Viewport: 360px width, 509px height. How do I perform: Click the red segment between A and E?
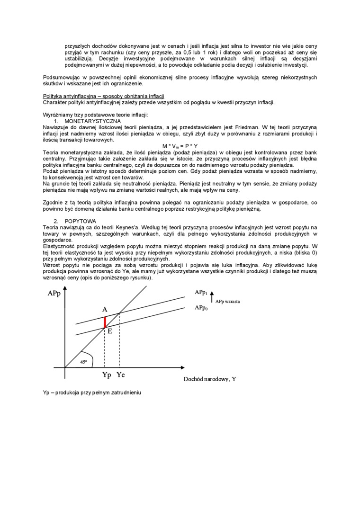pos(105,321)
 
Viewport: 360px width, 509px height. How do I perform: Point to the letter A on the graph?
pos(105,309)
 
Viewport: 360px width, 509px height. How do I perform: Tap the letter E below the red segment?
pos(110,331)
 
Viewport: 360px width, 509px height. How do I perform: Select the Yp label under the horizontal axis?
pos(107,375)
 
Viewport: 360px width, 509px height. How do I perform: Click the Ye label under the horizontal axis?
pos(121,375)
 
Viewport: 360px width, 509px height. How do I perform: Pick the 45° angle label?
pos(83,361)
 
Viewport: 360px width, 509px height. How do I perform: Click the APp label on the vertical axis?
pos(54,294)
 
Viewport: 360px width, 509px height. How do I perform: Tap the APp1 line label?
pos(201,293)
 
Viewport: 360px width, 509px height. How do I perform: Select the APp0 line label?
pos(201,308)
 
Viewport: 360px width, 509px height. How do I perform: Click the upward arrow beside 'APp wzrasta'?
pos(212,297)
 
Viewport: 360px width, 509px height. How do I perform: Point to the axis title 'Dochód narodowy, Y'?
pos(209,379)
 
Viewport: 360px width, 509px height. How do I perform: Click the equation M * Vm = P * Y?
pos(180,146)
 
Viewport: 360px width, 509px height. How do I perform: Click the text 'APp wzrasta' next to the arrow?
pos(227,301)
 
